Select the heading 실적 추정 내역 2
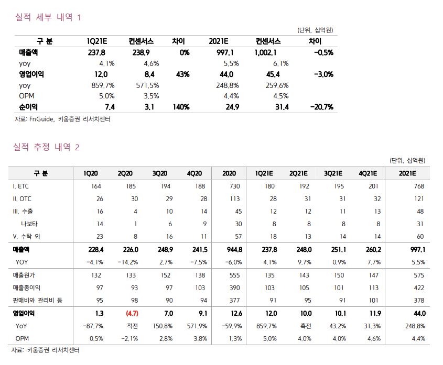47,147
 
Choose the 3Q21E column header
333,173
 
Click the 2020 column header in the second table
229,173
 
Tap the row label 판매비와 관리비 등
37,300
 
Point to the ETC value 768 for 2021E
418,186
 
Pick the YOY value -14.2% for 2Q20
128,262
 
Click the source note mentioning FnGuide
62,119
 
